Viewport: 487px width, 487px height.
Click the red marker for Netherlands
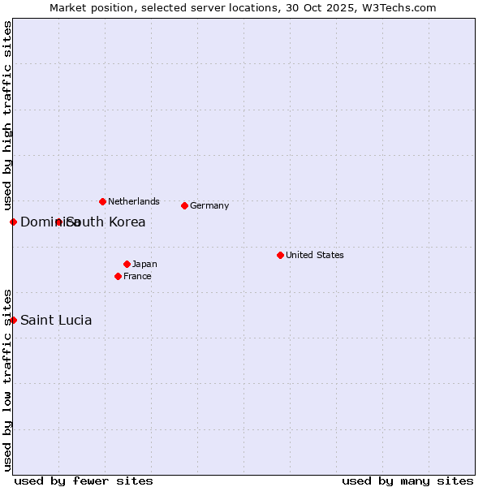(x=102, y=201)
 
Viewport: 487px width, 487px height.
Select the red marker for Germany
(x=185, y=205)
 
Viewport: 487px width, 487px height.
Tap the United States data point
(x=280, y=255)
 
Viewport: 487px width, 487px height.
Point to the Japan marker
(x=127, y=264)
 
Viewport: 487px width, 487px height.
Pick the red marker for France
(x=119, y=276)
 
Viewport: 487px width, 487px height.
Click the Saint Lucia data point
(x=13, y=320)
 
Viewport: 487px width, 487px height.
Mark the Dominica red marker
(x=13, y=222)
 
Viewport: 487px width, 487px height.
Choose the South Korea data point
(x=58, y=222)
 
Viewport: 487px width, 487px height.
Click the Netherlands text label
(x=133, y=201)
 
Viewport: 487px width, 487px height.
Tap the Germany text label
(x=209, y=205)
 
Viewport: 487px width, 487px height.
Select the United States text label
(x=314, y=255)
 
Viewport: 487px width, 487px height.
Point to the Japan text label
(x=144, y=264)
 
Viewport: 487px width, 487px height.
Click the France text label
(x=137, y=276)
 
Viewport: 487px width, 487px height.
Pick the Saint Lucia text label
(x=56, y=320)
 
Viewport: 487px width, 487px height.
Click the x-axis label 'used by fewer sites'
(x=84, y=481)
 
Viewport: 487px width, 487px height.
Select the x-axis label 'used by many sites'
(x=407, y=481)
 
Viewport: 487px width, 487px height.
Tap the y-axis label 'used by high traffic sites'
(x=7, y=116)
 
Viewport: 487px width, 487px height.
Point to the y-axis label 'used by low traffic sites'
(x=7, y=379)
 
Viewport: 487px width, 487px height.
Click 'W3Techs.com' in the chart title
(x=400, y=7)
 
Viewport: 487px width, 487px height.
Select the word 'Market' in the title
(x=68, y=7)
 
